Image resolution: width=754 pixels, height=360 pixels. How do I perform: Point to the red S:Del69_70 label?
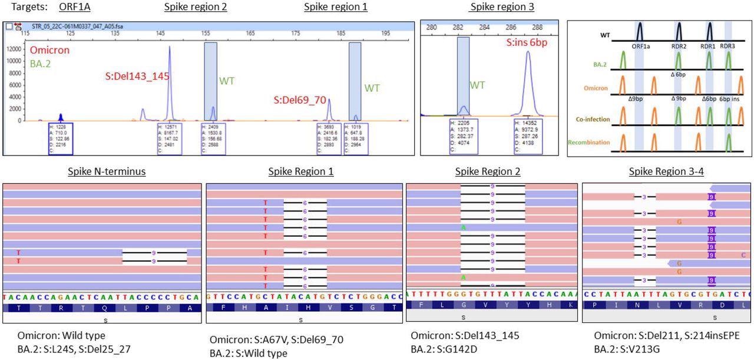click(300, 100)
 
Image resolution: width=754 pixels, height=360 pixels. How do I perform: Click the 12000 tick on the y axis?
click(14, 50)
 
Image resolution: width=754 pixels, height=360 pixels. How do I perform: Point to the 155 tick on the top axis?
click(210, 34)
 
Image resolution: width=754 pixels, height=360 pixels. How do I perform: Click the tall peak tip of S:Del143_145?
click(170, 47)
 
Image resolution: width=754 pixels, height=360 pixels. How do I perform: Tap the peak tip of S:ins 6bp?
click(528, 52)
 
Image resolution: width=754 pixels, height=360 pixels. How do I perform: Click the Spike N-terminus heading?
click(102, 172)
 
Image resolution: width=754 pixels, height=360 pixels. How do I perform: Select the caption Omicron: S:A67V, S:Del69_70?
click(276, 340)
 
